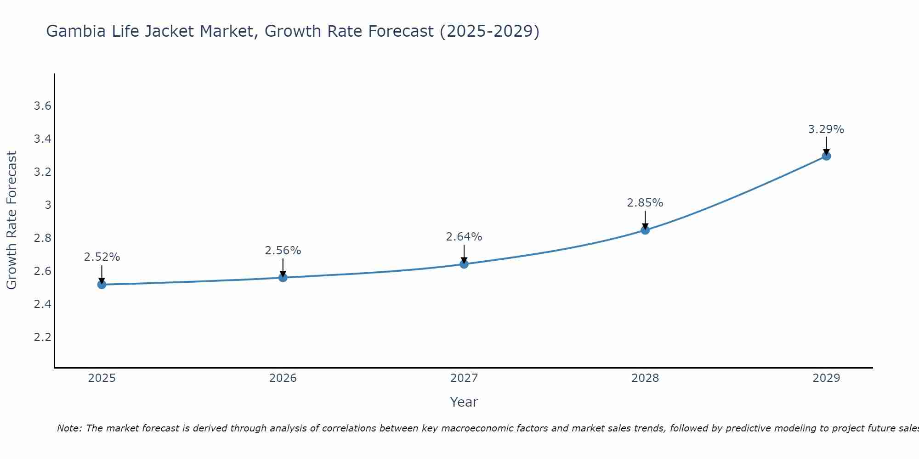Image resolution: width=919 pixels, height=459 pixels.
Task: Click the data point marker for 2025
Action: coord(102,285)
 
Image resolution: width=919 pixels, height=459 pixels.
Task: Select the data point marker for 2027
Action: coord(464,264)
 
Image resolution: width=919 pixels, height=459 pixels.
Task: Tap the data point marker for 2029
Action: coord(826,156)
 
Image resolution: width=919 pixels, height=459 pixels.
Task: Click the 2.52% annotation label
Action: coord(102,257)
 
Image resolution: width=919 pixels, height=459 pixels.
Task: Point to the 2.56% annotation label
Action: coord(283,251)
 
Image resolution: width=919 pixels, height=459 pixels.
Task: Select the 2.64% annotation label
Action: coord(464,237)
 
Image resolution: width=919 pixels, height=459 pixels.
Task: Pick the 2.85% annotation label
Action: coord(645,203)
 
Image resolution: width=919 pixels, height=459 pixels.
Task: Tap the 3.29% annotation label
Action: coord(826,129)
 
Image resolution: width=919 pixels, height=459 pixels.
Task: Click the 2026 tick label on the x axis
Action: coord(283,378)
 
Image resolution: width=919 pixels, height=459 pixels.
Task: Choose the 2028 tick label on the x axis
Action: coord(645,378)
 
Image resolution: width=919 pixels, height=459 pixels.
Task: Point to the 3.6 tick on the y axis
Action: coord(42,106)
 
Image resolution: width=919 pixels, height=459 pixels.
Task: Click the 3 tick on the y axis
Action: coord(48,205)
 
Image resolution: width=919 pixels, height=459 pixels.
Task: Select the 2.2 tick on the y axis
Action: coord(42,337)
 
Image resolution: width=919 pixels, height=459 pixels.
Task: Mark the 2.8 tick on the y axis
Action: coord(42,238)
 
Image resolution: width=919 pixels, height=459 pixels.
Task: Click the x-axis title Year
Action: coord(464,402)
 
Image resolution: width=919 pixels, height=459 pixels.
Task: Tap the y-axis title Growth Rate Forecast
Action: coord(11,220)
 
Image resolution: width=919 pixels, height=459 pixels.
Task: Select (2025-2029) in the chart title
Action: coord(489,31)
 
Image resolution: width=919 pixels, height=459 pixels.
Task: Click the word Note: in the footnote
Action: coord(69,428)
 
